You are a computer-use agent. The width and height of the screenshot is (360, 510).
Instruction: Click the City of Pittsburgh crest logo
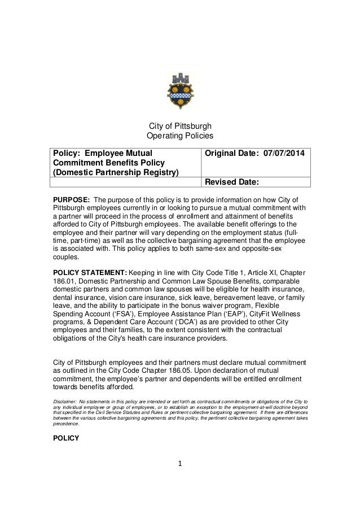click(179, 88)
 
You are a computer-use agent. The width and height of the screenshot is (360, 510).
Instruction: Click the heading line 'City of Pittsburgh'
click(179, 126)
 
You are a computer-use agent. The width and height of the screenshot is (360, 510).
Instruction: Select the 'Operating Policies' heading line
click(179, 137)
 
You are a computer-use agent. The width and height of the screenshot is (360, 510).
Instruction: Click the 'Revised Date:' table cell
click(231, 182)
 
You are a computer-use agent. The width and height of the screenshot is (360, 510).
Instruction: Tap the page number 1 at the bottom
click(179, 465)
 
